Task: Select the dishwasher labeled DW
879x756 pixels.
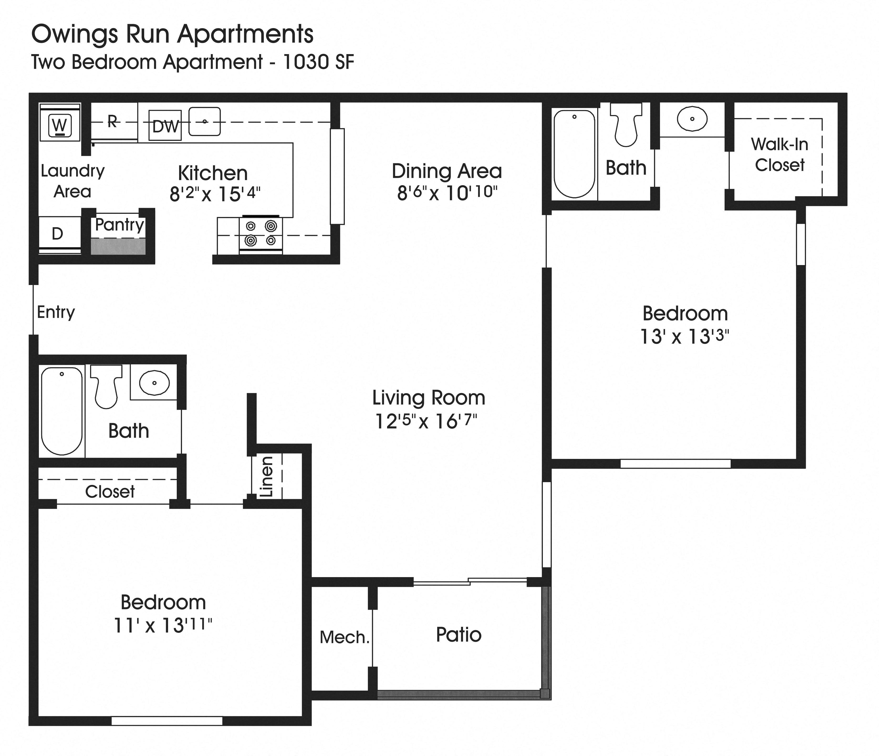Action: (165, 126)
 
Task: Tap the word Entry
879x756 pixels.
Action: (56, 312)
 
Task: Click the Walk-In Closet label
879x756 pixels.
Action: (779, 154)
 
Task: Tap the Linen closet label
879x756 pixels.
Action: (266, 477)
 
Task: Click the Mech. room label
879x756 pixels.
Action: (345, 637)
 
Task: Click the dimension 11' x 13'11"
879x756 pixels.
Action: (163, 625)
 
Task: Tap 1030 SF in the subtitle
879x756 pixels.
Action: (318, 62)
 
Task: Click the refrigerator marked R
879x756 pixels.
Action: (112, 122)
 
